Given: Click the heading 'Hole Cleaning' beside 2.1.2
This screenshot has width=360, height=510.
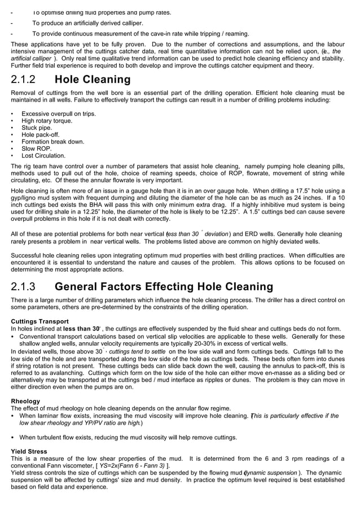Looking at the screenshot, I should pos(93,80).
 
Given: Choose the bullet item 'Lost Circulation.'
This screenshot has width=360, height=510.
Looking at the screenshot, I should pos(43,155).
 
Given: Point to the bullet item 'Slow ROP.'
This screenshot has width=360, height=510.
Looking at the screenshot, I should pos(36,149).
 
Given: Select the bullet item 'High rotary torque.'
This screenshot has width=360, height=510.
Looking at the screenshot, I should pos(46,121).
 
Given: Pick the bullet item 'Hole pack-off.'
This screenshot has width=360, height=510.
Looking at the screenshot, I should pos(41,135).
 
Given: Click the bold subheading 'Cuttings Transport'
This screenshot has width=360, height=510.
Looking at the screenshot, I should pos(39,321).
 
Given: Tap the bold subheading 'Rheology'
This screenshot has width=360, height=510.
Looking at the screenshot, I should pos(25,401).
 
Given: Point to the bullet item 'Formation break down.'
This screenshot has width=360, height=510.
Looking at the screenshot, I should pos(52,142).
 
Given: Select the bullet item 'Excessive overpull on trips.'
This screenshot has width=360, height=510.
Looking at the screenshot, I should pos(59,114).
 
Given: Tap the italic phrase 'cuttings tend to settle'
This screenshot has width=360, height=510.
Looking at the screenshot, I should pos(137,351).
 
